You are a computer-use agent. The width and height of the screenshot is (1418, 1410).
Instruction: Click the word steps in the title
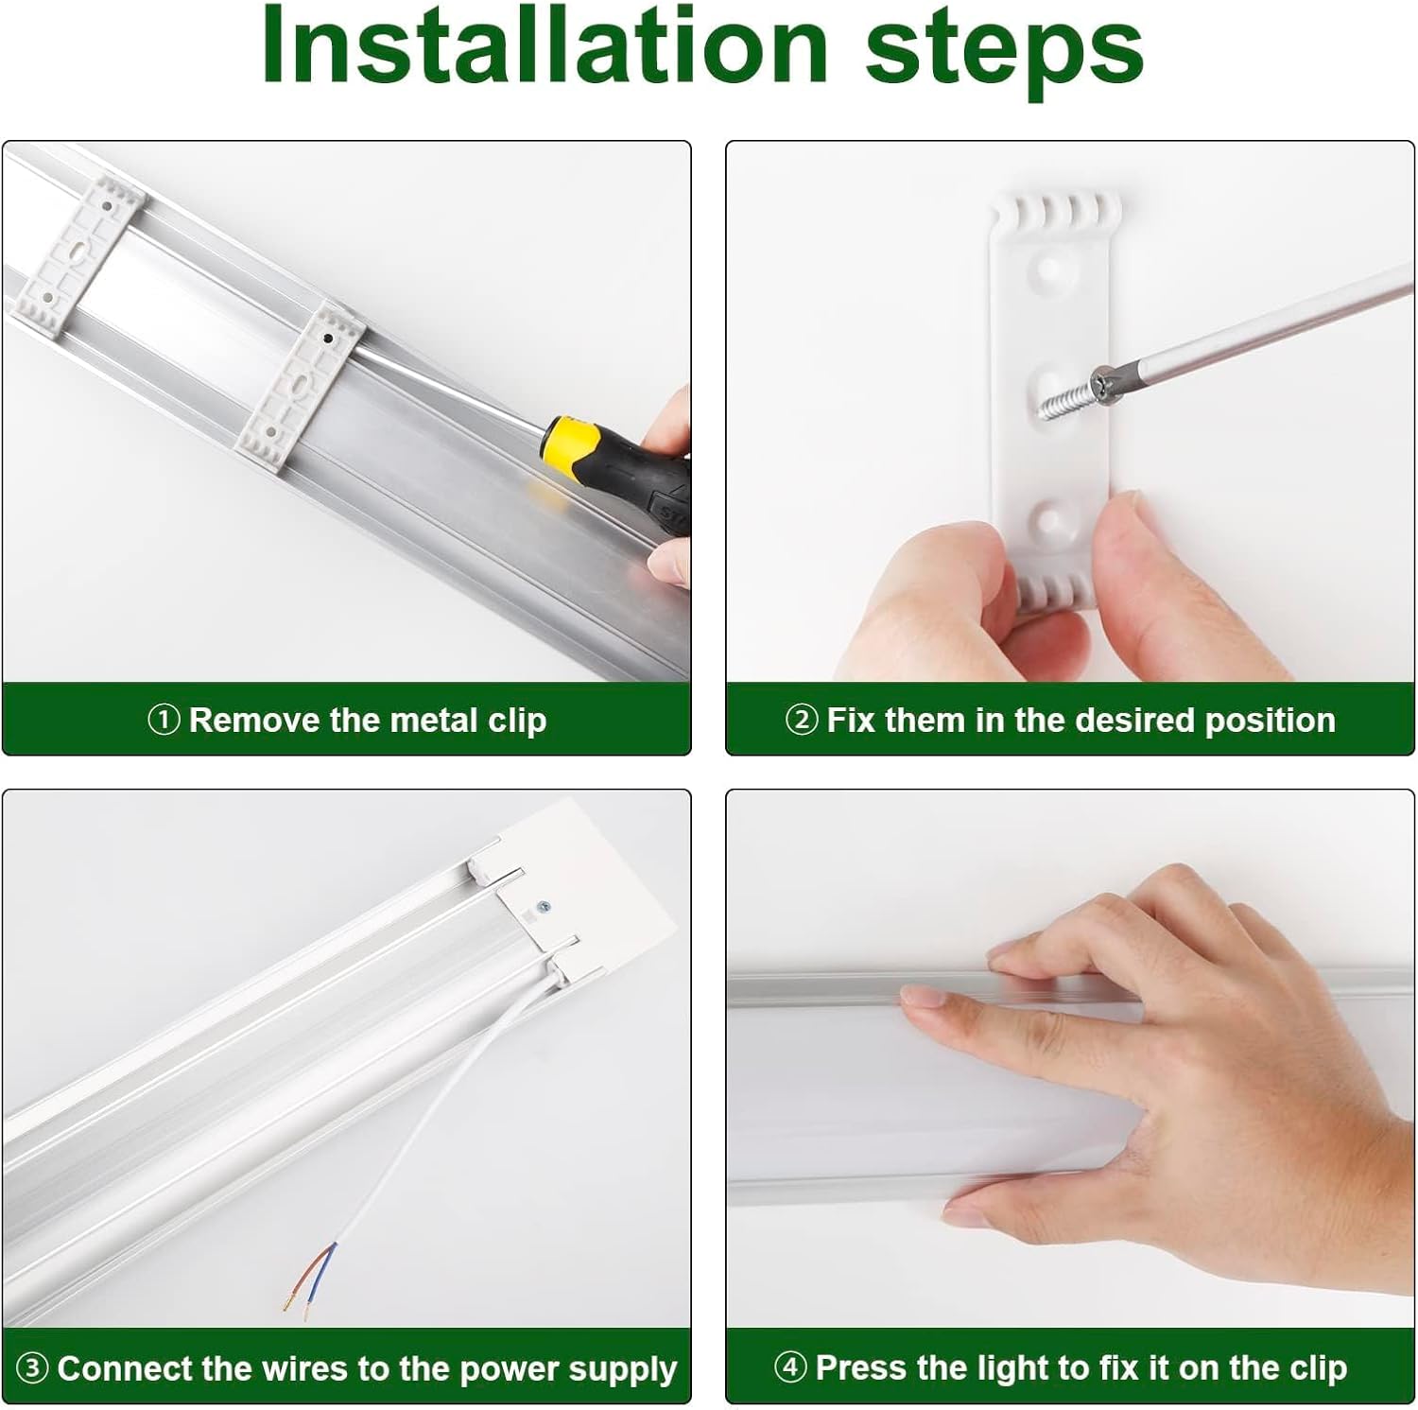coord(1004,52)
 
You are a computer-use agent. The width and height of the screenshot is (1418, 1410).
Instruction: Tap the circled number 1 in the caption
coord(164,721)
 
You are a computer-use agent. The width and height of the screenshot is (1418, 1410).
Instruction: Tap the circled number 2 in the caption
coord(801,721)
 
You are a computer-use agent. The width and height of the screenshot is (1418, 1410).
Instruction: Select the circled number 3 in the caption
coord(32,1368)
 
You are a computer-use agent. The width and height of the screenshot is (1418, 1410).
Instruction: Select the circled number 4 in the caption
coord(789,1367)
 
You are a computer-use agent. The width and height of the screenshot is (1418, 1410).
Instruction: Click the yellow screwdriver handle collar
coord(571,443)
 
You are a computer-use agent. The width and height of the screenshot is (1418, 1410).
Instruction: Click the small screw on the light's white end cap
coord(543,908)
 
